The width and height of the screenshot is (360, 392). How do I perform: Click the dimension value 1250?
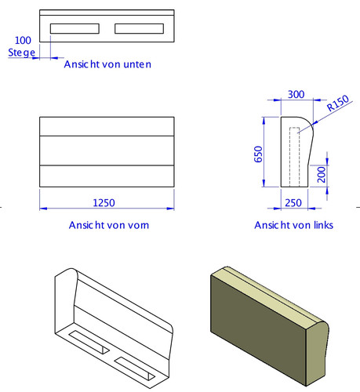tap(104, 203)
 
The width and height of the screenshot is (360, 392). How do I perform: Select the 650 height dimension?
tap(258, 154)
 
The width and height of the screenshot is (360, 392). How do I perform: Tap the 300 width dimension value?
tap(296, 94)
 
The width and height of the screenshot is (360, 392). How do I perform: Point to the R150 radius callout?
tap(338, 103)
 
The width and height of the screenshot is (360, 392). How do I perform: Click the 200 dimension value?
tap(322, 174)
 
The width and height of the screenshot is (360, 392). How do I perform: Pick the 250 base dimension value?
tap(293, 203)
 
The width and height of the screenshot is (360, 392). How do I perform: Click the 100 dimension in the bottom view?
tap(23, 40)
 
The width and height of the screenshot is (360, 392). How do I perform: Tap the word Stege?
tap(21, 53)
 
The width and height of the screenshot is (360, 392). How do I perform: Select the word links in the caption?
tap(324, 225)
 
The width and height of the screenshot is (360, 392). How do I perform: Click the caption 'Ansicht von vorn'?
tap(109, 225)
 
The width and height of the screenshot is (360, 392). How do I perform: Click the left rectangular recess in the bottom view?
tap(75, 28)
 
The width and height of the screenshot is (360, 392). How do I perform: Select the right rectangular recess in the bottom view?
tap(140, 28)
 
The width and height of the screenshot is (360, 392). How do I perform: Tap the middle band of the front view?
tap(107, 151)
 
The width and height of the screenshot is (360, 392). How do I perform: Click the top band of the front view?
tap(107, 126)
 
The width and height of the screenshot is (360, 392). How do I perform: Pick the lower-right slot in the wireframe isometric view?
tap(135, 368)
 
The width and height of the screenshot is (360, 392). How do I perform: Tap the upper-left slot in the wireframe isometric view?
tap(89, 342)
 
